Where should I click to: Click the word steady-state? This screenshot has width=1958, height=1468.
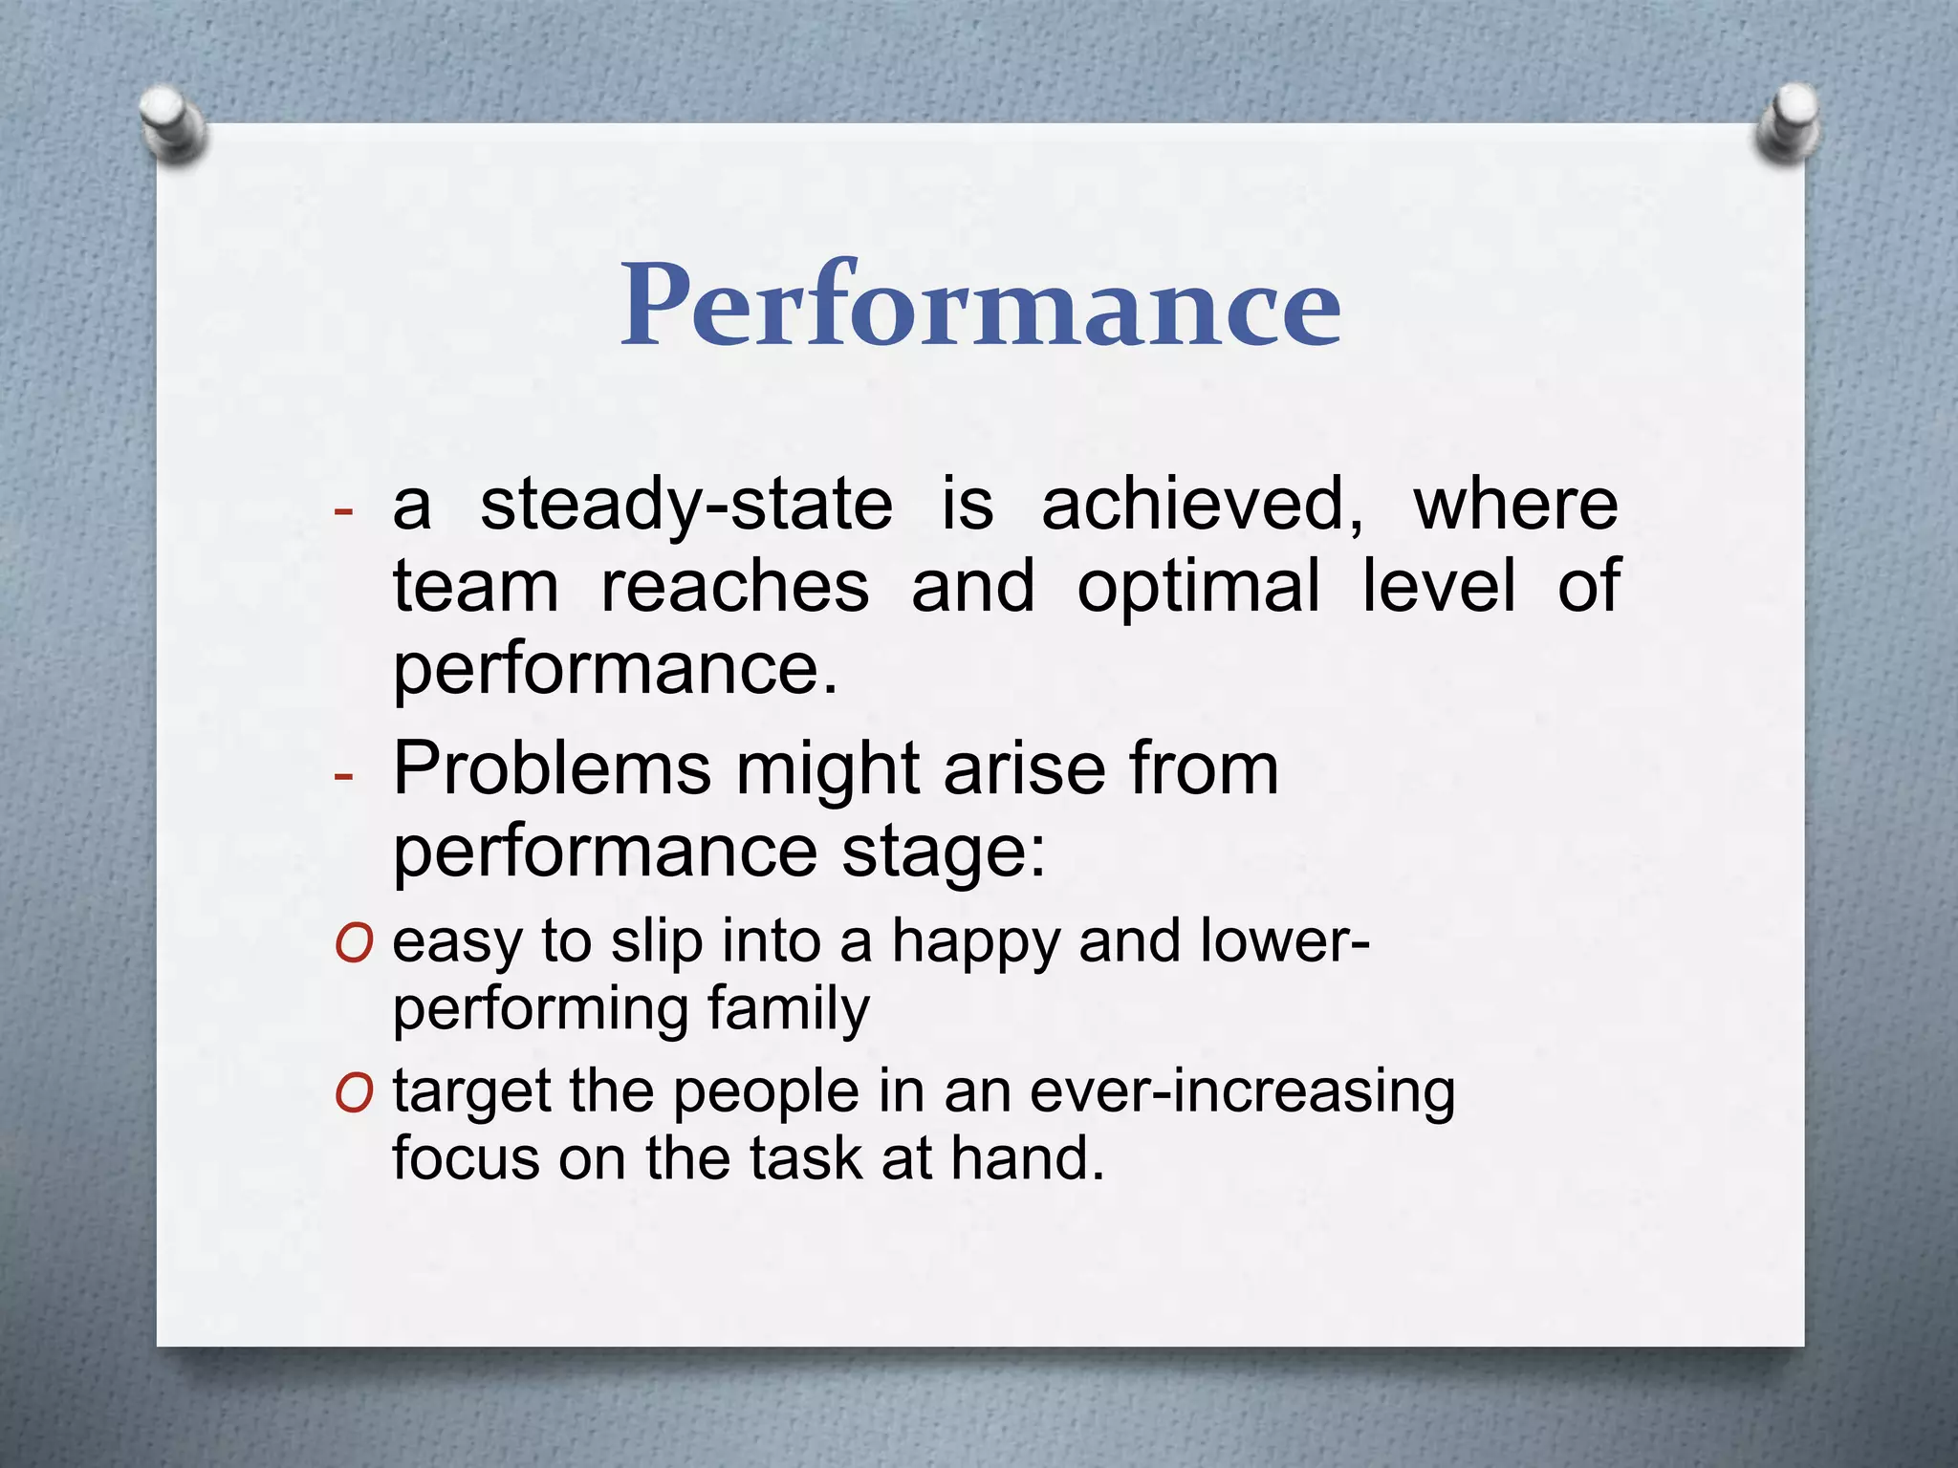tap(685, 506)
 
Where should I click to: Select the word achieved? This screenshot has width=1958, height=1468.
tap(1201, 506)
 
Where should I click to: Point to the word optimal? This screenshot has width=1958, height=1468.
tap(1198, 586)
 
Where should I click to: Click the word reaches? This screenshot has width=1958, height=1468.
tap(734, 586)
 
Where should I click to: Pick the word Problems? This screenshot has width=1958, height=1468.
tap(552, 768)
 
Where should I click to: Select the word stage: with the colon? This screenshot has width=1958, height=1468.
tap(943, 852)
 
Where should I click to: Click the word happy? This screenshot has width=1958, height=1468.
tap(975, 941)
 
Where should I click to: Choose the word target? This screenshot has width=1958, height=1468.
tap(472, 1091)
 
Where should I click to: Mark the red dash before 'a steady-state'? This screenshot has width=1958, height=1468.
tap(343, 510)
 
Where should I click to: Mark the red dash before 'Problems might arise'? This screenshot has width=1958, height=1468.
tap(343, 774)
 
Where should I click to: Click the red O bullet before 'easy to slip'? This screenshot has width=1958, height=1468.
tap(353, 945)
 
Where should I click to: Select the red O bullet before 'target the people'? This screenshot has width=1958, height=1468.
tap(353, 1094)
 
